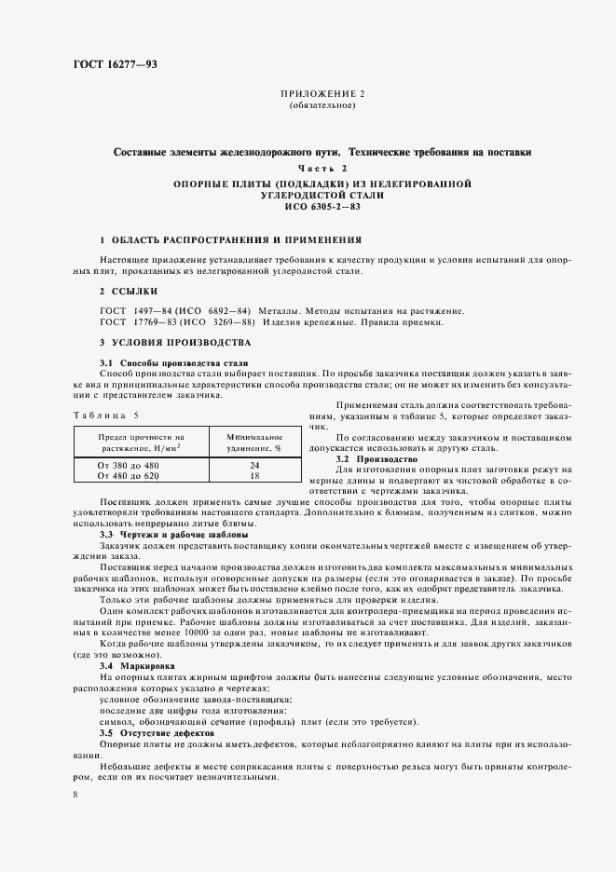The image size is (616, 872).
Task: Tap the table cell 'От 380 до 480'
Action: click(x=128, y=465)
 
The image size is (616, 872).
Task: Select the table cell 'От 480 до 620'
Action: click(x=128, y=476)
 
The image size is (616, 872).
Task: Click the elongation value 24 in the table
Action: click(x=254, y=465)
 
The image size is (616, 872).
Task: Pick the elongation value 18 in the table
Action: click(x=254, y=476)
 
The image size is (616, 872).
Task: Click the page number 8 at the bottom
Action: click(x=75, y=794)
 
